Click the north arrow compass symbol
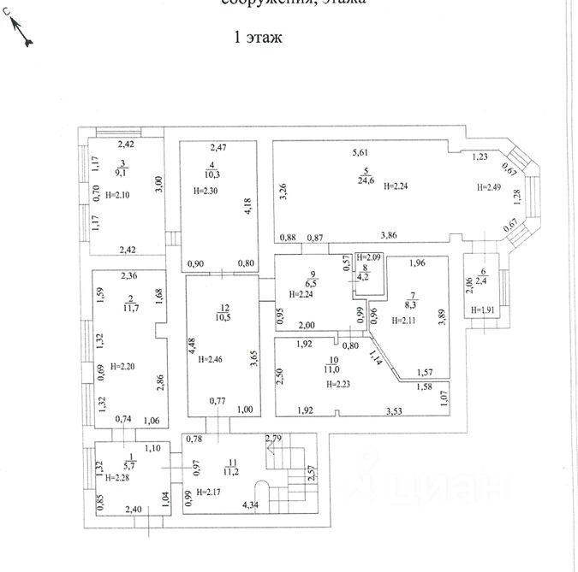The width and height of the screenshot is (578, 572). click(21, 32)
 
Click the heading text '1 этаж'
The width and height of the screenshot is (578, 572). click(257, 38)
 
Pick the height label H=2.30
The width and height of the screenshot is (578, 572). click(208, 191)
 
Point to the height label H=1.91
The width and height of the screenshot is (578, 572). click(480, 310)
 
